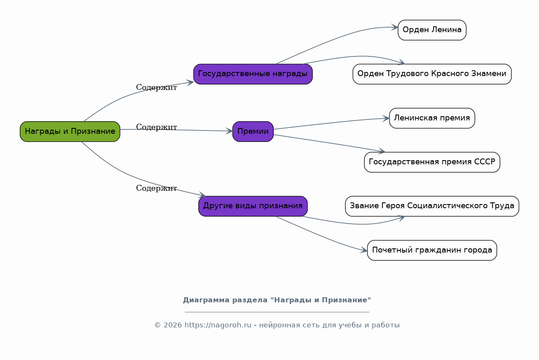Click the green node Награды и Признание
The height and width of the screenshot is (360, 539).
(70, 131)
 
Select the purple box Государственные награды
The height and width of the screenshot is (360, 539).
(253, 74)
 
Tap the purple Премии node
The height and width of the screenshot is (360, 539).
(253, 131)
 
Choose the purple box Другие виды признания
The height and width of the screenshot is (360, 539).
(253, 206)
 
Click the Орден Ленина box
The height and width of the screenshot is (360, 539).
(432, 30)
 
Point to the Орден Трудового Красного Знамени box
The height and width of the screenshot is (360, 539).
(432, 74)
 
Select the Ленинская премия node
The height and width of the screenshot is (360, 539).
(432, 118)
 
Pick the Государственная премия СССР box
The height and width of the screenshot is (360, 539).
(432, 162)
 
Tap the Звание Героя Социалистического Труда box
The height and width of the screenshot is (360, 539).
(432, 206)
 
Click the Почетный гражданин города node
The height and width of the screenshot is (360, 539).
(432, 250)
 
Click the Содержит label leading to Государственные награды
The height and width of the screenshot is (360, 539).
(157, 88)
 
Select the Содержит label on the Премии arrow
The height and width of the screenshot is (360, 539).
(157, 128)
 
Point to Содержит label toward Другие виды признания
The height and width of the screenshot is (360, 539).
(157, 189)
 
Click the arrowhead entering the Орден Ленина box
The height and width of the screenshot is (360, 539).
(395, 28)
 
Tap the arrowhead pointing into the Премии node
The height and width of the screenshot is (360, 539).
(229, 131)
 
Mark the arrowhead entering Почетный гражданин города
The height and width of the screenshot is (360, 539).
(364, 251)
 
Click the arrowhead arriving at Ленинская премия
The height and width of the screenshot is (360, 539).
(386, 119)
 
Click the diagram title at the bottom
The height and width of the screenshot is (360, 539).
(277, 300)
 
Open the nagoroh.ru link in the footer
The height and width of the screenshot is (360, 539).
(218, 325)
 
